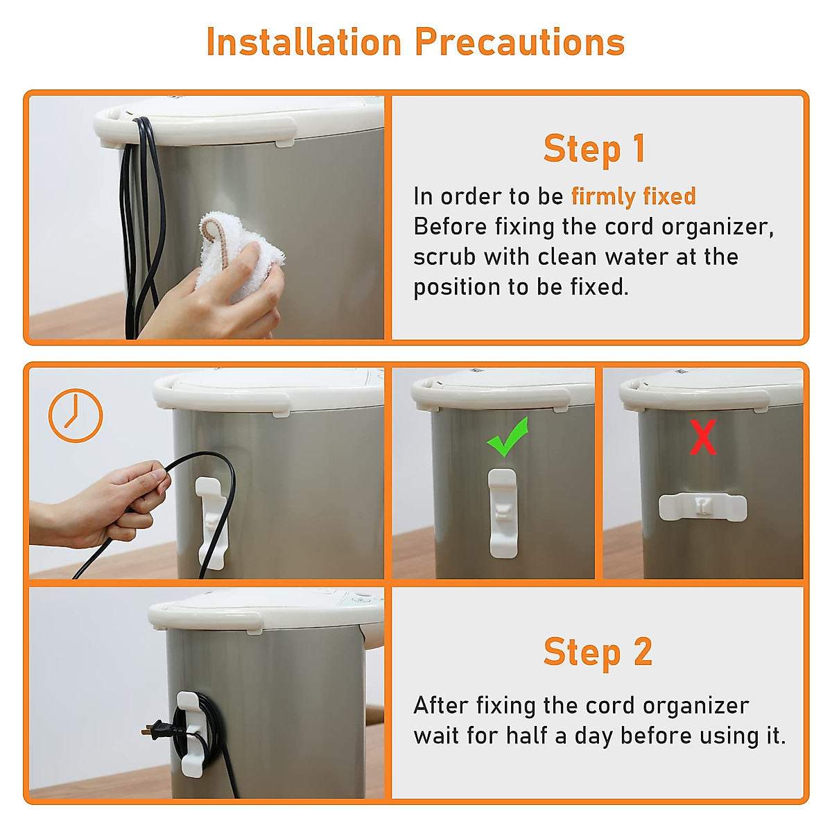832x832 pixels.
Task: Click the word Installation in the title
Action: coord(304,42)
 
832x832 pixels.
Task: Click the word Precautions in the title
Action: coord(519,42)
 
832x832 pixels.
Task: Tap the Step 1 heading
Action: coord(595,149)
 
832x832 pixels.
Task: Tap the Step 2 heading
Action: coord(598,652)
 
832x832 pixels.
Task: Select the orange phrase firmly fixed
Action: coord(634,196)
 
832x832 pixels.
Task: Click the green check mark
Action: coord(508,437)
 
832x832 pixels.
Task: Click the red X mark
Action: coord(703,437)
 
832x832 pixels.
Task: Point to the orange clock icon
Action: coord(76,415)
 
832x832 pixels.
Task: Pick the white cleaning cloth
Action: coord(238,254)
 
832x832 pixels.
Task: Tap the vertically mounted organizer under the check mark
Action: coord(503,513)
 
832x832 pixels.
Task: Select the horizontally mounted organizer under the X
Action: coord(702,507)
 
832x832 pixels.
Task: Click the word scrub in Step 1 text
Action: coord(444,257)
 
